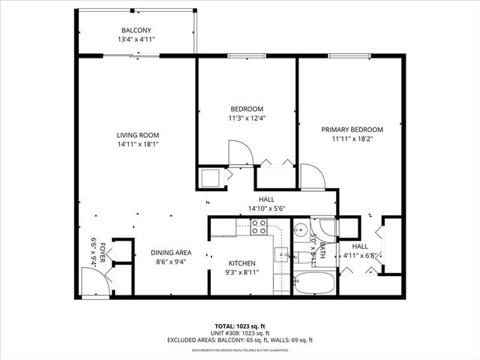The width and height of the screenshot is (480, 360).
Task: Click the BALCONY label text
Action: [136, 30]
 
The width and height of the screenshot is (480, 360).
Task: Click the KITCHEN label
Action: [242, 263]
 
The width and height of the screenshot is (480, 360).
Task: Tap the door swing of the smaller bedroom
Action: [241, 154]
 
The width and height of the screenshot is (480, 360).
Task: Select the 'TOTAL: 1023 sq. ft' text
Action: [239, 326]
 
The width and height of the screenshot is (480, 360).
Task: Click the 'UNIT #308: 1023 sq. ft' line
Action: [239, 333]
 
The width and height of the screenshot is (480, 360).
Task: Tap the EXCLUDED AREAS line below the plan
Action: [239, 340]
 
